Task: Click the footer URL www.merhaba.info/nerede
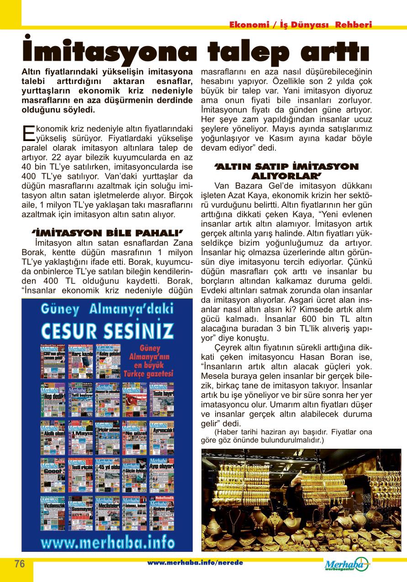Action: [x=195, y=563]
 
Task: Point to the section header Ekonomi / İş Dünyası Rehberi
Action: [x=301, y=25]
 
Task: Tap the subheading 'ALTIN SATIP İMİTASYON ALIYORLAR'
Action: [x=287, y=171]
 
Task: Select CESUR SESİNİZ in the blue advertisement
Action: [x=107, y=330]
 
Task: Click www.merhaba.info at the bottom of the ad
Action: [x=107, y=543]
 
